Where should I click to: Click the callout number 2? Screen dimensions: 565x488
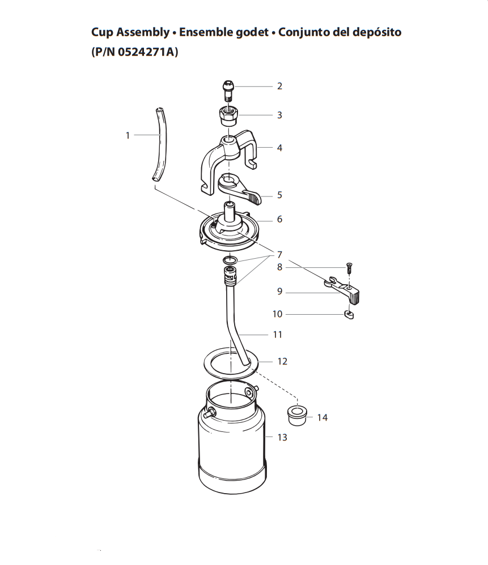click(x=279, y=86)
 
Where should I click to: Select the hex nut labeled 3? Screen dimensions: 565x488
click(x=228, y=117)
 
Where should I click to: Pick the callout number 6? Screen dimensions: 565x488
click(x=279, y=219)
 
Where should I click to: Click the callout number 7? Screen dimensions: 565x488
click(x=279, y=255)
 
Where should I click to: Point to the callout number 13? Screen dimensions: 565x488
click(x=282, y=437)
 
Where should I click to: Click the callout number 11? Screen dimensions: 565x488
click(x=278, y=335)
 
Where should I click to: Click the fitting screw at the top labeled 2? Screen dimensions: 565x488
click(x=227, y=91)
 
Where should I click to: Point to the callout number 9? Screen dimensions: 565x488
click(x=279, y=292)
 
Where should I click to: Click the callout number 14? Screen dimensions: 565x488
click(x=322, y=417)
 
